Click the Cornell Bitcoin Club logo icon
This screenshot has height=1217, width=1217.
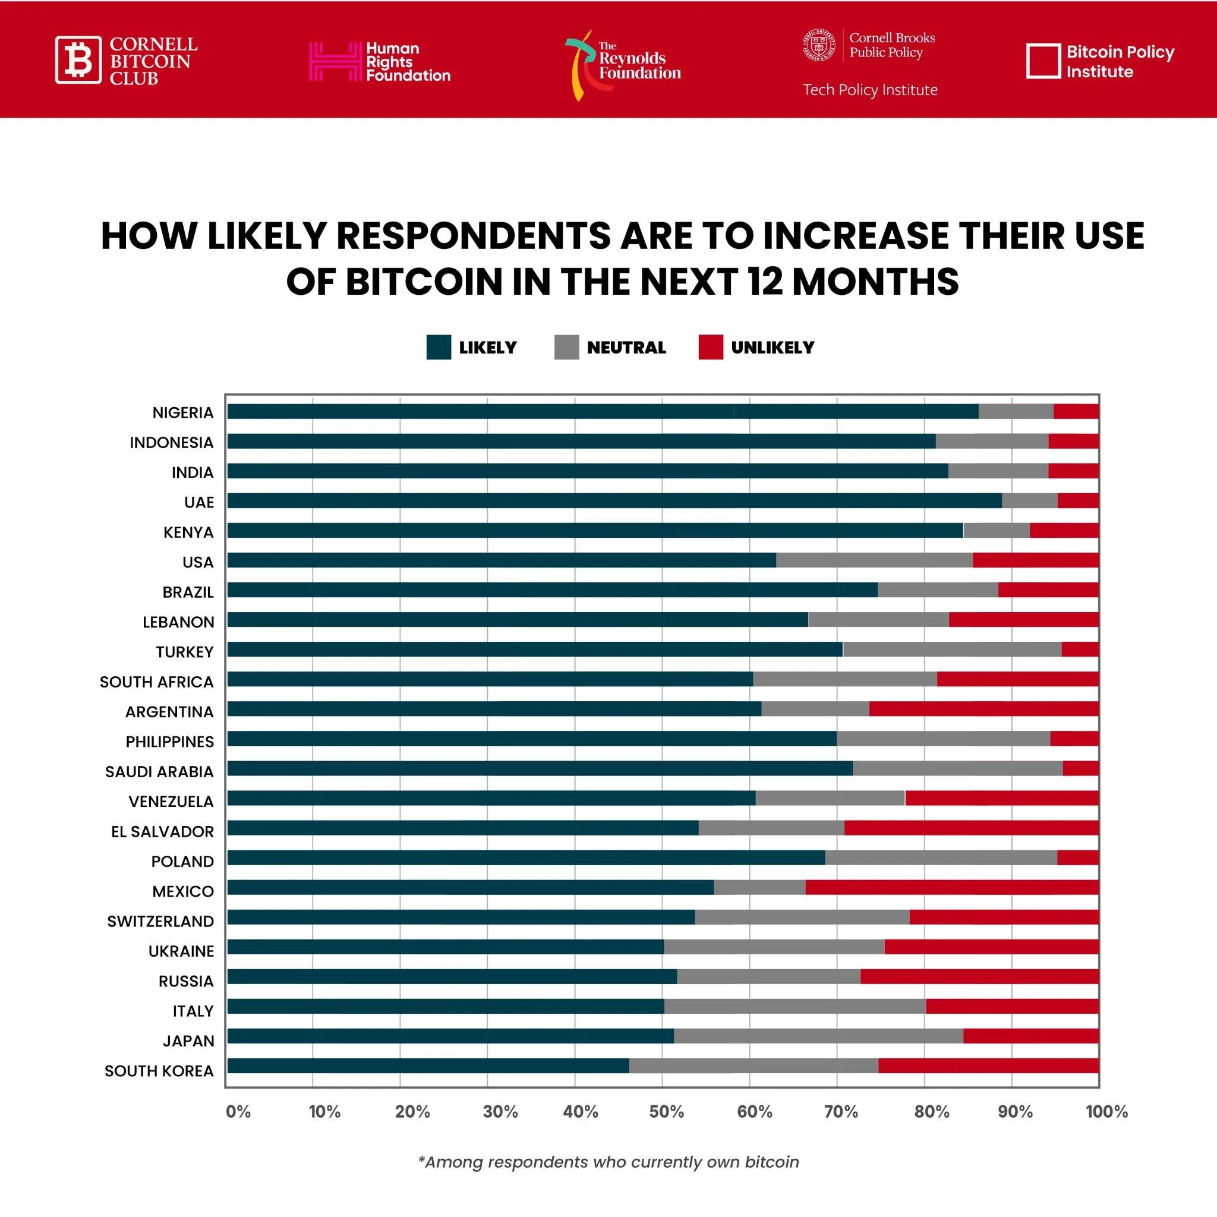78,60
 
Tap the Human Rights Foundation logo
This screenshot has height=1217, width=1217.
380,61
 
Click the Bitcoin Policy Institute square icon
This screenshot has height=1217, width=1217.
1043,61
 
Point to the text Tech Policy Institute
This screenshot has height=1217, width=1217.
870,90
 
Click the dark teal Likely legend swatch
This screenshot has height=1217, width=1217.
439,347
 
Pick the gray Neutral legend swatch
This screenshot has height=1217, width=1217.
566,347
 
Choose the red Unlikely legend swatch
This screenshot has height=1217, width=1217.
711,347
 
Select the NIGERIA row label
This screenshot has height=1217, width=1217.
182,412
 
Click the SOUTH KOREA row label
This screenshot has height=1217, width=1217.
159,1071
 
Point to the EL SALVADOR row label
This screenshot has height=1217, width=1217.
162,831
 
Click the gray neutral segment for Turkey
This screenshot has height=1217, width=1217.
952,649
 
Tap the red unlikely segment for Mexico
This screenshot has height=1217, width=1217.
952,888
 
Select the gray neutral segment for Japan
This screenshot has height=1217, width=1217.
818,1036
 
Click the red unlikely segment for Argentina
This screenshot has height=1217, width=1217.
983,709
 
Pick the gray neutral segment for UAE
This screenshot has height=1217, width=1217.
1029,501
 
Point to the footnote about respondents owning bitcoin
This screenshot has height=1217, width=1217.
608,1162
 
